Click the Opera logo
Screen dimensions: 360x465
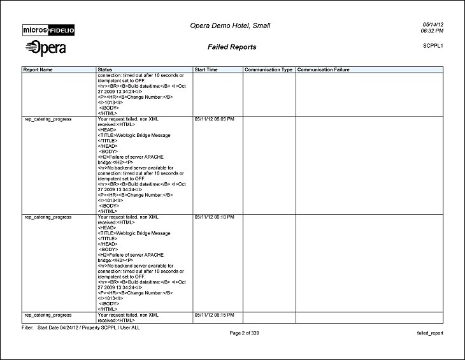(45, 48)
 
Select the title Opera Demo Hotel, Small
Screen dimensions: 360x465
(230, 25)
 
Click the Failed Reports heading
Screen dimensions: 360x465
(232, 47)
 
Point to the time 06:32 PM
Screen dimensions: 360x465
(433, 31)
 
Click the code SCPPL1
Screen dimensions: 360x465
(433, 46)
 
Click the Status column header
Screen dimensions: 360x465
(105, 69)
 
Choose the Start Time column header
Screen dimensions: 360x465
(207, 69)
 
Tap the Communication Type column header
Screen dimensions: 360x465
(268, 69)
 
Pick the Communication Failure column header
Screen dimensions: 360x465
(323, 69)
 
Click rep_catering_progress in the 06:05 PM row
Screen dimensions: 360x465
(48, 119)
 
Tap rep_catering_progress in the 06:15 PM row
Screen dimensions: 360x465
(48, 315)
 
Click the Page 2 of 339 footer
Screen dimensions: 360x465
(245, 333)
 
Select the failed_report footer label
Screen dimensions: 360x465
(429, 333)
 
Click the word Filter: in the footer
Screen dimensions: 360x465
(28, 328)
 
